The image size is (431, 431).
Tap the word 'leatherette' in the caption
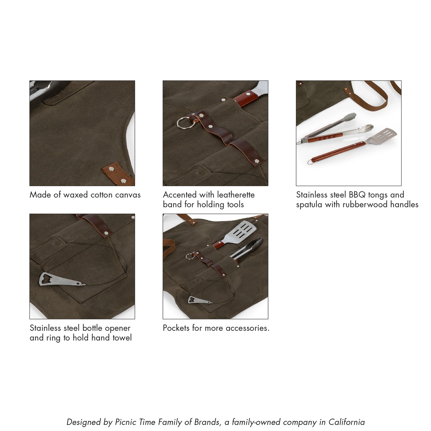(x=236, y=195)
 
